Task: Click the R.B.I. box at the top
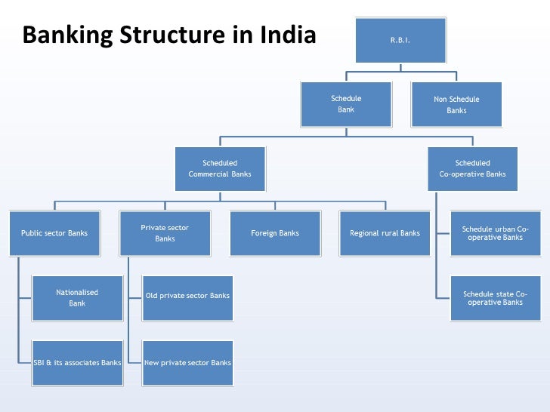click(400, 40)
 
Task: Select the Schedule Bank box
click(346, 104)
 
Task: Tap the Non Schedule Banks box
click(456, 104)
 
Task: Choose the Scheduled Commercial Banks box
click(220, 168)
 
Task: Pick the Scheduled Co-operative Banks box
click(473, 168)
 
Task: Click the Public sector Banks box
click(54, 233)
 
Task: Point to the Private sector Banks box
click(165, 233)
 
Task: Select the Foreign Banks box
click(275, 233)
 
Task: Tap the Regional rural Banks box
click(385, 233)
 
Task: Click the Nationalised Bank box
click(77, 297)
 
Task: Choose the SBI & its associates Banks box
click(77, 363)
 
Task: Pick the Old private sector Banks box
click(187, 296)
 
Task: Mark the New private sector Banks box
click(187, 363)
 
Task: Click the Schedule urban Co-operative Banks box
click(496, 233)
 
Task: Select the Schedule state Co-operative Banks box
click(496, 297)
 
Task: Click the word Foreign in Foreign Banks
click(264, 233)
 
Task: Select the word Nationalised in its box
click(77, 292)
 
